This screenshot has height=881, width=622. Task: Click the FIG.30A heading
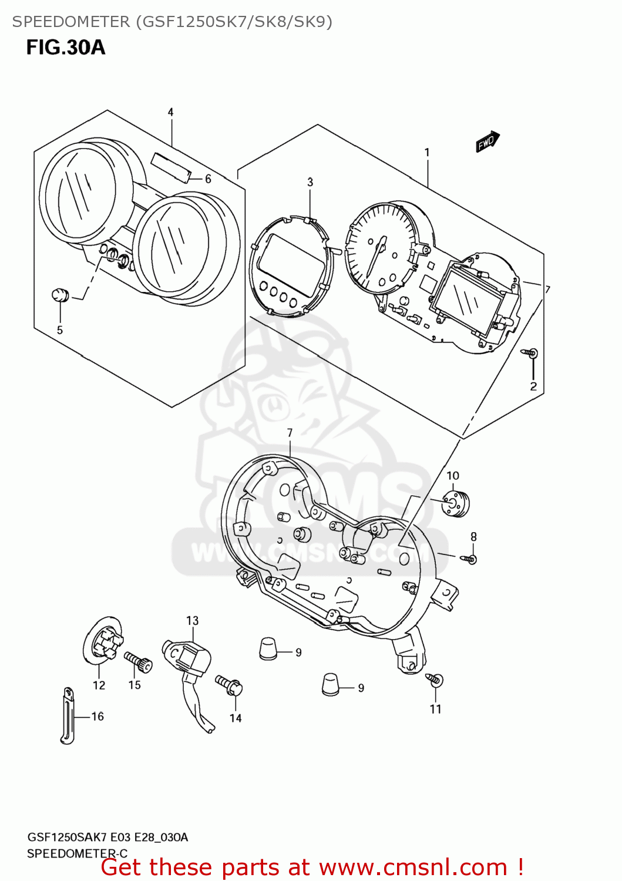[x=65, y=47]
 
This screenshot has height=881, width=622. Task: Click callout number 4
[x=170, y=112]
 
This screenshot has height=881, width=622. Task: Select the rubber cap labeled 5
[x=60, y=295]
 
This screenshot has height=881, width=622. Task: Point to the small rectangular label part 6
[x=171, y=167]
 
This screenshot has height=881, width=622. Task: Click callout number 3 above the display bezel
[x=310, y=183]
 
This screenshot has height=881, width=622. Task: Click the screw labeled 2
[x=530, y=354]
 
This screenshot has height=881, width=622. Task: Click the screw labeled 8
[x=469, y=559]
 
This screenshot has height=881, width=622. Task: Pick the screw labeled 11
[x=435, y=680]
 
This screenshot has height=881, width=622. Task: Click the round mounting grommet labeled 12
[x=102, y=643]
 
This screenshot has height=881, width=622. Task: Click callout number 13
[x=192, y=621]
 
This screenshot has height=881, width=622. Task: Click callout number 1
[x=427, y=153]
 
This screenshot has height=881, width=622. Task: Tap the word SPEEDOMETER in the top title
[x=71, y=22]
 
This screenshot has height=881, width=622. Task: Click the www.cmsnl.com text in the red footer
[x=413, y=867]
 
